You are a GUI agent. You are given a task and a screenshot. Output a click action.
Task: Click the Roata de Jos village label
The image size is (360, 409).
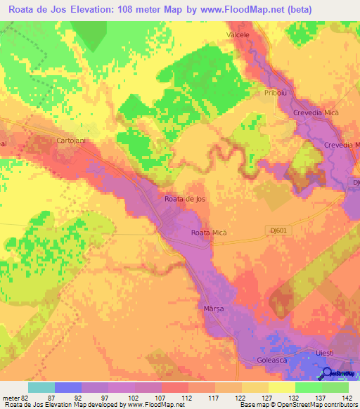point(185,199)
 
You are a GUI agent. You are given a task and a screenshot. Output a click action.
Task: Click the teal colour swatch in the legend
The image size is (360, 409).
point(41,387)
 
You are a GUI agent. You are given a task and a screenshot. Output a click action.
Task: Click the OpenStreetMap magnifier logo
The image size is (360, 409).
point(328,372)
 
